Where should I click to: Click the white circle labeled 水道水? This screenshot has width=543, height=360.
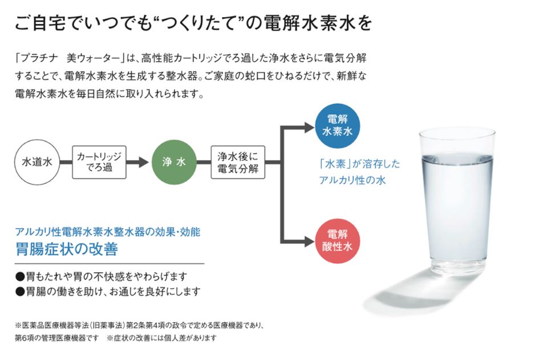37,162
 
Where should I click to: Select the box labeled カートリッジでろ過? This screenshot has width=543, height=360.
99,162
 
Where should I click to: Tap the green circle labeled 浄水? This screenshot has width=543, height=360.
174,162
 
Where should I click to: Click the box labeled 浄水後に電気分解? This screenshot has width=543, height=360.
238,162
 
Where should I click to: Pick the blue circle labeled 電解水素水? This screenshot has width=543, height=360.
337,126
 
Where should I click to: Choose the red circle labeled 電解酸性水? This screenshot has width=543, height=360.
337,241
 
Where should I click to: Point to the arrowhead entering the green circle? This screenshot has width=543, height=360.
144,162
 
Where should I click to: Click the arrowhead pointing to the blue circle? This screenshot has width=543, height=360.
309,127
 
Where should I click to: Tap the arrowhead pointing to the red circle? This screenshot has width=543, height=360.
309,241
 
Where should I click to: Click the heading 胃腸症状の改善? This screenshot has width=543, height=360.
67,249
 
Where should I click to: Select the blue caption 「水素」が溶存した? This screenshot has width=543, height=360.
359,164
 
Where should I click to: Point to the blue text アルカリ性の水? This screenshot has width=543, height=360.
352,180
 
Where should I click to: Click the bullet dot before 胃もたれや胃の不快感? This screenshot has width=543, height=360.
21,277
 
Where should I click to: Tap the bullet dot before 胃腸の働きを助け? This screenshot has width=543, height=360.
21,292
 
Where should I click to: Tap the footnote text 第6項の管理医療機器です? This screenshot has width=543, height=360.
56,338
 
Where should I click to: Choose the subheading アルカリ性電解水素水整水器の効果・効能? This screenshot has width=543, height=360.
108,232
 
